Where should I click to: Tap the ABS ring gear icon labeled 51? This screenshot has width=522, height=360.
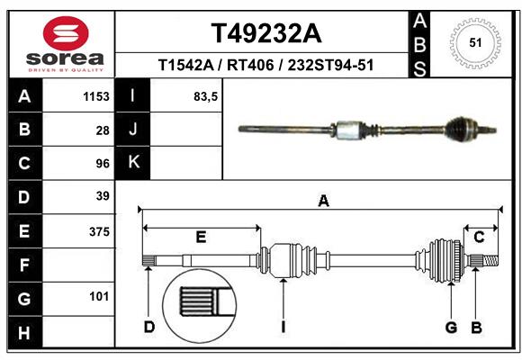(473, 41)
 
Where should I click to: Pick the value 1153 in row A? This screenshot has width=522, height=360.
(96, 96)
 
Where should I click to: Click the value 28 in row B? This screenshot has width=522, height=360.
(103, 130)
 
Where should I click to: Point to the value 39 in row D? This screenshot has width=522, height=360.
(103, 196)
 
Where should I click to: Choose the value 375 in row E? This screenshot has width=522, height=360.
(99, 230)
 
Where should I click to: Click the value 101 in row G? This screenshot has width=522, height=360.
(99, 296)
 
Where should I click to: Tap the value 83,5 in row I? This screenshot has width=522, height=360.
(206, 96)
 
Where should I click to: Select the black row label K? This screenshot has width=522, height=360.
(134, 163)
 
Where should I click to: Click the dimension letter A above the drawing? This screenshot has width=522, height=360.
(323, 202)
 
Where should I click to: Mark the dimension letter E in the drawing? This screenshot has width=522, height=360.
(201, 237)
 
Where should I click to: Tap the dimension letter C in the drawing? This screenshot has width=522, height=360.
(479, 237)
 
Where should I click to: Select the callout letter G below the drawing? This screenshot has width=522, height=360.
(451, 327)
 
